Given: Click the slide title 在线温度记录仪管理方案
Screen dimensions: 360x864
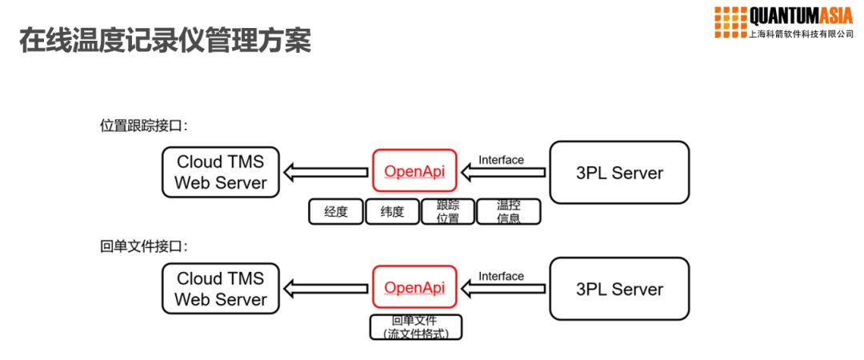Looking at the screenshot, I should [x=164, y=40].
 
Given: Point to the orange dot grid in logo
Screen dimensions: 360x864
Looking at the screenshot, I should [x=728, y=22].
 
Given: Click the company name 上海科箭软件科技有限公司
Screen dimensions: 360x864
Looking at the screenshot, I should [x=800, y=34].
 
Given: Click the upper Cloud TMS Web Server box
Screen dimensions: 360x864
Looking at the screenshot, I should [x=221, y=172].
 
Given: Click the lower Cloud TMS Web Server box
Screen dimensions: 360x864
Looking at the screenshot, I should [x=221, y=289].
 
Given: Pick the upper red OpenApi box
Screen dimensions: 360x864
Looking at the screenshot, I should [x=414, y=170].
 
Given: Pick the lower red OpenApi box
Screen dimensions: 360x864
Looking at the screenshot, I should [x=414, y=287].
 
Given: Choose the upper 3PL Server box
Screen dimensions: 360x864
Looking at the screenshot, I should [x=619, y=171].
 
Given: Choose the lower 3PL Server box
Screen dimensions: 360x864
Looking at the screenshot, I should [x=619, y=288].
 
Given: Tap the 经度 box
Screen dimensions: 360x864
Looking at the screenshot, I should [x=336, y=212].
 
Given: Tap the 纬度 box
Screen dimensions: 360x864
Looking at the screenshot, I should [x=393, y=212].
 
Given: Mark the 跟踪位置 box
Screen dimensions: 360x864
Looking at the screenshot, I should [x=448, y=212].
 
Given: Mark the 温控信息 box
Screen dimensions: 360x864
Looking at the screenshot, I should [x=509, y=212].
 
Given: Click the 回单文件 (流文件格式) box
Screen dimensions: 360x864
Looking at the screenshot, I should [x=415, y=327].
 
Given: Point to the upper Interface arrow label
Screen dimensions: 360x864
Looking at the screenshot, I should [x=501, y=160].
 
